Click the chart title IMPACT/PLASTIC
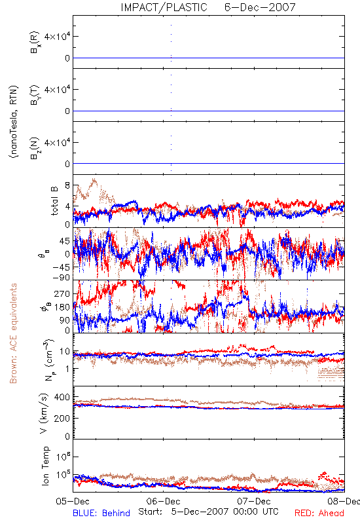coord(164,7)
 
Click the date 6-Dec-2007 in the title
coord(260,7)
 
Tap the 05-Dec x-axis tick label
coord(73,501)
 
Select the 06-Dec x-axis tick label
coord(163,501)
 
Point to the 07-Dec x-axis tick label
coord(254,501)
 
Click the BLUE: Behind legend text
coord(101,513)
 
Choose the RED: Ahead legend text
coord(319,513)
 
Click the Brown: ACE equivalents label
coord(13,333)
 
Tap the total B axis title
coord(54,200)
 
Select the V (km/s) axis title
coord(45,413)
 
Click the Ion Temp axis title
coord(45,466)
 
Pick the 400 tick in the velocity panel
coord(62,397)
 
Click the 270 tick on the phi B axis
coord(62,293)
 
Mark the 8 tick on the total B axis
coord(67,185)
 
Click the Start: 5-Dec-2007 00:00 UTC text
coord(208,512)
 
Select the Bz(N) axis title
coord(35,148)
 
